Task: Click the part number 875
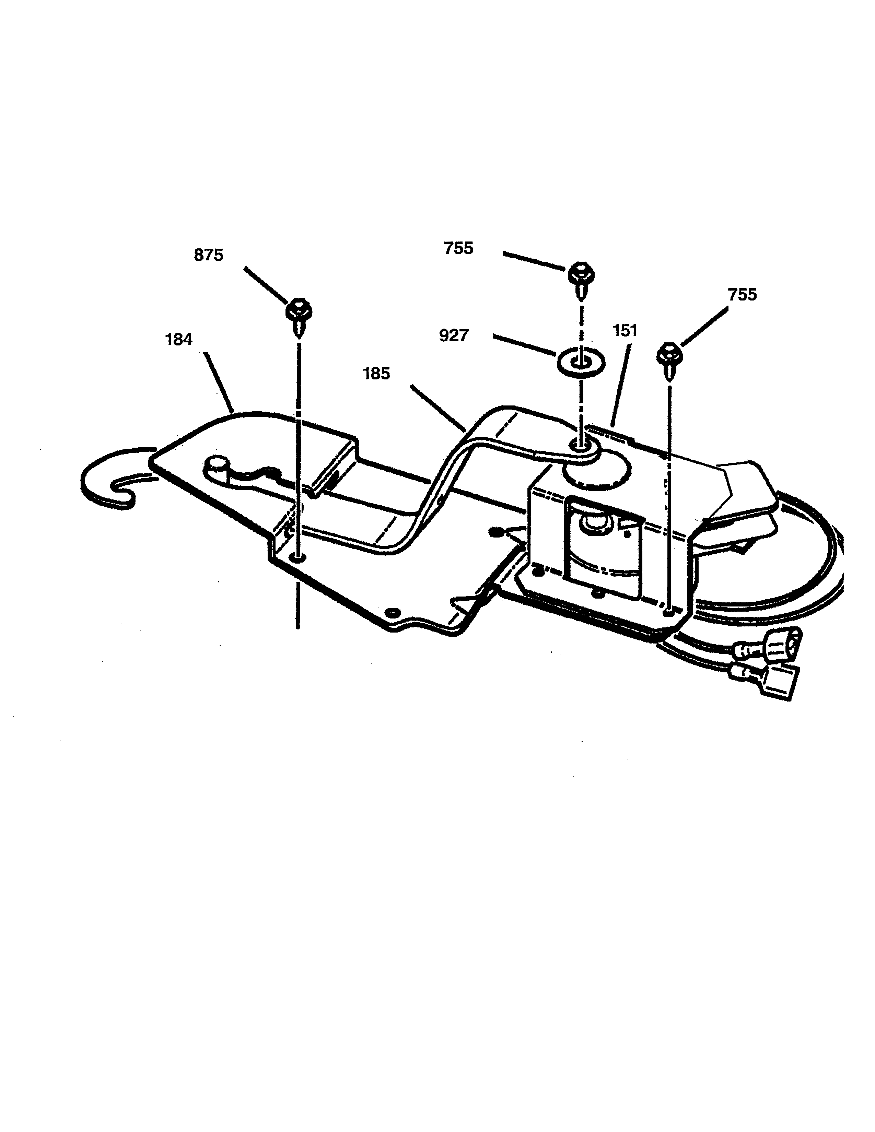[208, 255]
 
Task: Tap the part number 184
[178, 340]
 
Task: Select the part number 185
[376, 373]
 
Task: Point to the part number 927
[454, 335]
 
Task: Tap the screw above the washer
[581, 280]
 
